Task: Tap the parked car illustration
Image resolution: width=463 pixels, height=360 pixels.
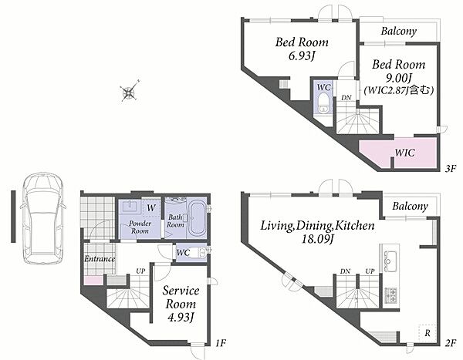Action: (x=43, y=218)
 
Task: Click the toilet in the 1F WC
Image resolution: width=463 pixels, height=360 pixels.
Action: (x=198, y=253)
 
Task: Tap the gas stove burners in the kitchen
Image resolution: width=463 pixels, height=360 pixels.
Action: (x=391, y=296)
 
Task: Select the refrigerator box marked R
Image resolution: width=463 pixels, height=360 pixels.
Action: (x=427, y=334)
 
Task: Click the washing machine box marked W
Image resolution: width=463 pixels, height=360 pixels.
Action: (x=151, y=207)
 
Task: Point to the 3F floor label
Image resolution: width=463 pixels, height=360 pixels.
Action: (x=451, y=169)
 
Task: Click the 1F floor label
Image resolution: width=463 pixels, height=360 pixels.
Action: (x=220, y=343)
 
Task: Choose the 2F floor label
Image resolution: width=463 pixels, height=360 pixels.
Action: (x=451, y=343)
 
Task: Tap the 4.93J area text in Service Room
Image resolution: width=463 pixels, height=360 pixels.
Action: (x=181, y=318)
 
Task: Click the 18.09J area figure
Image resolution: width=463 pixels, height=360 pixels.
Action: (x=317, y=239)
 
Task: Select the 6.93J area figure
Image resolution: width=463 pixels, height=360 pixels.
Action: (x=301, y=56)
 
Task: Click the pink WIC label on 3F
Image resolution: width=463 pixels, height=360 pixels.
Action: (x=405, y=153)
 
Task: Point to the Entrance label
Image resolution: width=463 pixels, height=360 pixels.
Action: (x=100, y=259)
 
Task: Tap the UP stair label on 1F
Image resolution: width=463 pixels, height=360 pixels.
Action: (x=140, y=271)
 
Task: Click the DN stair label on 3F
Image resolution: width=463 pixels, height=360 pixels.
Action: (x=346, y=97)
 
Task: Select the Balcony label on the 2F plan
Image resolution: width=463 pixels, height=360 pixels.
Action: (x=411, y=206)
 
